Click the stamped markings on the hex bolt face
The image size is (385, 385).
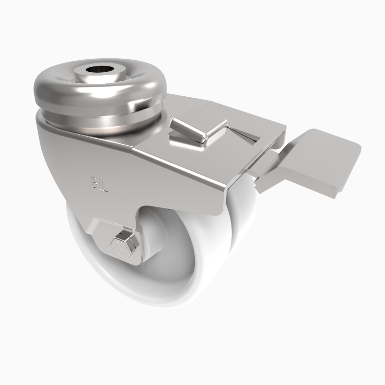click(120, 248)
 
